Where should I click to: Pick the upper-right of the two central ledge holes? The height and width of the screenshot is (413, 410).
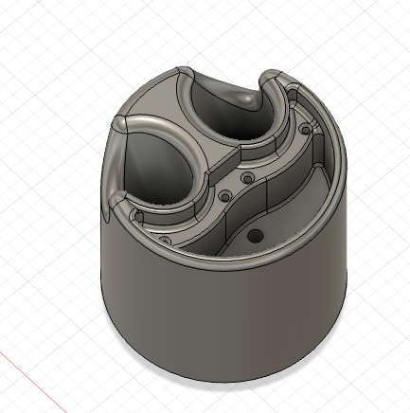[247, 177]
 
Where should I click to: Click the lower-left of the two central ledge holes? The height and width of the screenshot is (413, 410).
[225, 196]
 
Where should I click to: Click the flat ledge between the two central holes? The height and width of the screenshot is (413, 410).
[237, 187]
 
